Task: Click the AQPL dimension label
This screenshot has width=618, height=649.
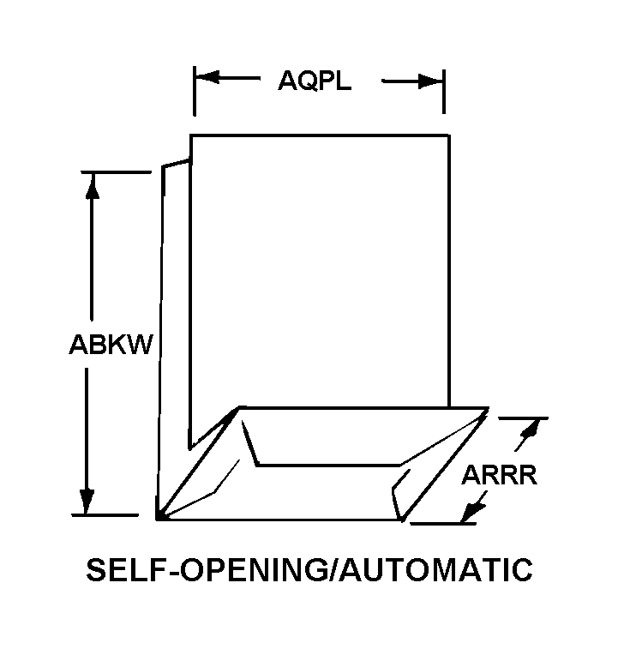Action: (x=315, y=81)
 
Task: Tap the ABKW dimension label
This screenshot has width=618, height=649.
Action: (x=111, y=345)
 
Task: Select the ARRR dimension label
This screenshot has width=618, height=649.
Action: (x=499, y=475)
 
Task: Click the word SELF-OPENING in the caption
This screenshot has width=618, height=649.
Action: (x=206, y=569)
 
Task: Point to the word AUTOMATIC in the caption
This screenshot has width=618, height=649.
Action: (x=435, y=569)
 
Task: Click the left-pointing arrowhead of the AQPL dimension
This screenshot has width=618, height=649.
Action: (x=207, y=77)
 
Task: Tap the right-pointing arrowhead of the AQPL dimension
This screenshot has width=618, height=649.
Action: (x=430, y=81)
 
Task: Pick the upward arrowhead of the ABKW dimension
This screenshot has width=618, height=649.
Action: (x=93, y=185)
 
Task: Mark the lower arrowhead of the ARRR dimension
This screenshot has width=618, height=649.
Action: (x=472, y=513)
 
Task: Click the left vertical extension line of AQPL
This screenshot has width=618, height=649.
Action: (x=194, y=91)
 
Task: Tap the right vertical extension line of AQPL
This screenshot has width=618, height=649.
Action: (x=444, y=92)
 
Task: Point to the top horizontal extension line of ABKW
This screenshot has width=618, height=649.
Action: (x=117, y=171)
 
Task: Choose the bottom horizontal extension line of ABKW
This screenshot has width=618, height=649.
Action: (x=105, y=515)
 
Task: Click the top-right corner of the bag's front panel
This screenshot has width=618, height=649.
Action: (x=448, y=135)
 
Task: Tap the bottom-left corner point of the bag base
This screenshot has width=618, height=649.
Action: (x=158, y=519)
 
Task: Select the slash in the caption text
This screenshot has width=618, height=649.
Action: (x=333, y=569)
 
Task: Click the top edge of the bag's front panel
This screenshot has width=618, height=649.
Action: (x=320, y=135)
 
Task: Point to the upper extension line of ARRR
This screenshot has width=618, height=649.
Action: (x=523, y=418)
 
